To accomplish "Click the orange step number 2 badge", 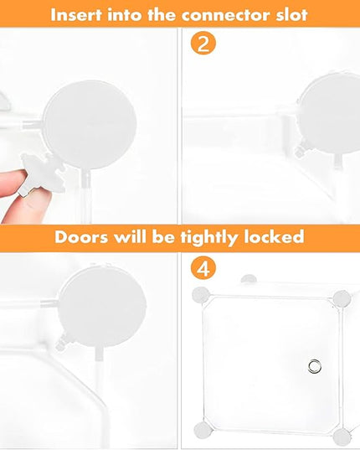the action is (x=203, y=43).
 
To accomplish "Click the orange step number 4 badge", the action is (x=203, y=268).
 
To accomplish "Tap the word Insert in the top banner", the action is (x=76, y=14).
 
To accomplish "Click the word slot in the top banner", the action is (x=292, y=14).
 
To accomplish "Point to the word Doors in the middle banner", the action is (x=81, y=237).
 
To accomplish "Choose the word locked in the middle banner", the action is (x=274, y=237).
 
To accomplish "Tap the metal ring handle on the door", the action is (x=315, y=366).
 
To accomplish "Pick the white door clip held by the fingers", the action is (x=43, y=173).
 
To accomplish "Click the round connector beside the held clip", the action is (x=90, y=126).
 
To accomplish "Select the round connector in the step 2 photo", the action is (x=329, y=113).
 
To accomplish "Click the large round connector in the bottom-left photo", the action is (x=102, y=309).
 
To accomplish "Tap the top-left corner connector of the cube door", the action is (x=201, y=295).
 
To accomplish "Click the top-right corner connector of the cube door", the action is (x=342, y=298).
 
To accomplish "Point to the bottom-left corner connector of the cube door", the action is (x=203, y=431).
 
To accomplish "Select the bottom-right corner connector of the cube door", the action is (x=342, y=437).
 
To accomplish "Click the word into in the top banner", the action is (x=125, y=14).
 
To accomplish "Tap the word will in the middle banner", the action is (x=130, y=237).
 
